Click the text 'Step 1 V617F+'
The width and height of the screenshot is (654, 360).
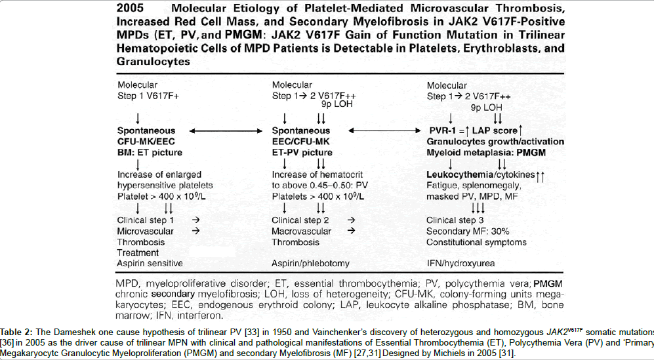click(x=148, y=97)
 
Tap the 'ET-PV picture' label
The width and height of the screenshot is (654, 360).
click(x=302, y=153)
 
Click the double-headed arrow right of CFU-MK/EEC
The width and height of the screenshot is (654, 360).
click(x=225, y=132)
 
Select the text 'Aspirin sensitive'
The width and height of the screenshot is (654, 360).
click(x=150, y=263)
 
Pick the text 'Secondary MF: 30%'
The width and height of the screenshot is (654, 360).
click(x=467, y=231)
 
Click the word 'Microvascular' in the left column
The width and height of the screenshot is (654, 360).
click(x=146, y=231)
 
